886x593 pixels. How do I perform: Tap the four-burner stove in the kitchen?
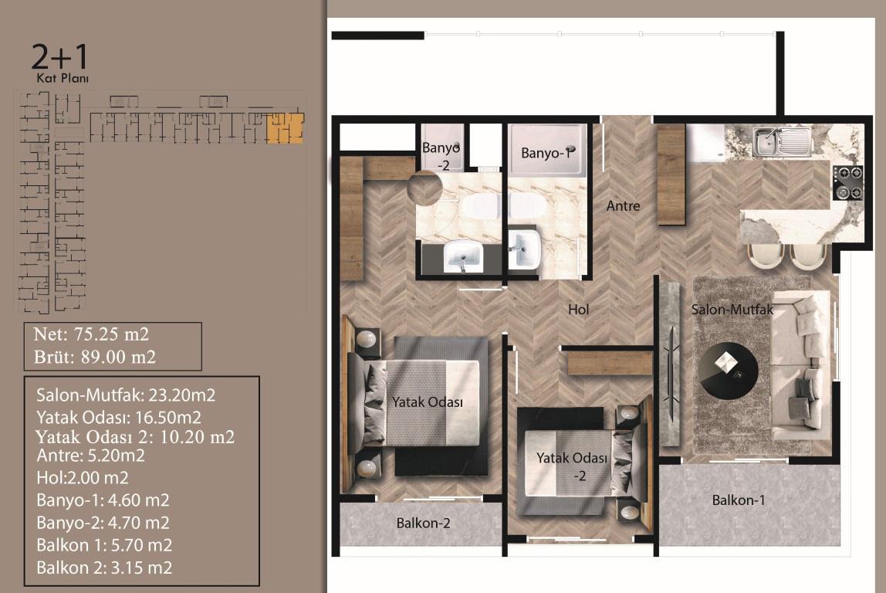click(847, 182)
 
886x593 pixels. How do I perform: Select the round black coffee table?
click(728, 371)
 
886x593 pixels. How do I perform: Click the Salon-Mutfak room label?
click(732, 310)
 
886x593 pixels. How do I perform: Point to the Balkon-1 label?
click(738, 500)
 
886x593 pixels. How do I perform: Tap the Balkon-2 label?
click(423, 524)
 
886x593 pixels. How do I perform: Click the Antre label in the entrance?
click(623, 205)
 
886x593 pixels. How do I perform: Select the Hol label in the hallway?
click(578, 309)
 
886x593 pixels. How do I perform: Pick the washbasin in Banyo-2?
click(463, 256)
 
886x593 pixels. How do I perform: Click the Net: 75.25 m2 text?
click(91, 334)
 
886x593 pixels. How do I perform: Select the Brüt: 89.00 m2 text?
click(94, 357)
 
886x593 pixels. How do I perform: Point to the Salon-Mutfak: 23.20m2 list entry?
click(126, 395)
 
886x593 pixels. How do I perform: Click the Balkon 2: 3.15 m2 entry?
click(104, 568)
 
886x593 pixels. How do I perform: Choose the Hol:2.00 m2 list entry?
click(82, 478)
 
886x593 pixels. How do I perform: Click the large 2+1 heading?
click(60, 56)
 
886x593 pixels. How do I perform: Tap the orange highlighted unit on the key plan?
click(285, 127)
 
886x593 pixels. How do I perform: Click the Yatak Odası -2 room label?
click(573, 466)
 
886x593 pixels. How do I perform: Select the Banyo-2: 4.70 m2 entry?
click(103, 522)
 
